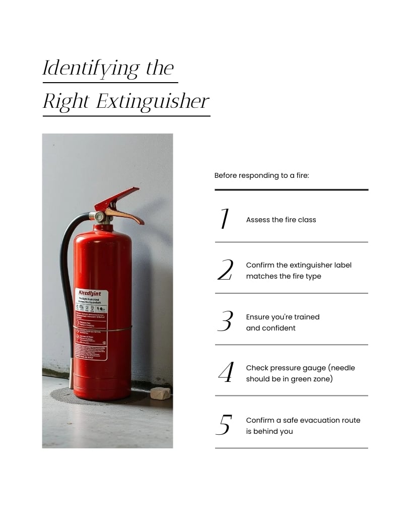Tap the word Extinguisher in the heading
[152, 102]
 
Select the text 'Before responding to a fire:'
[261, 176]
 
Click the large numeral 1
[225, 219]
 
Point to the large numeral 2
[225, 271]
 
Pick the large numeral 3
[225, 322]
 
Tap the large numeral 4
[226, 373]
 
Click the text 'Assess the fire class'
[281, 220]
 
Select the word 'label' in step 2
[342, 265]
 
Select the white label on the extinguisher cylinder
[91, 325]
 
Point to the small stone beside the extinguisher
[160, 392]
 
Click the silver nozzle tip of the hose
[73, 366]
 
